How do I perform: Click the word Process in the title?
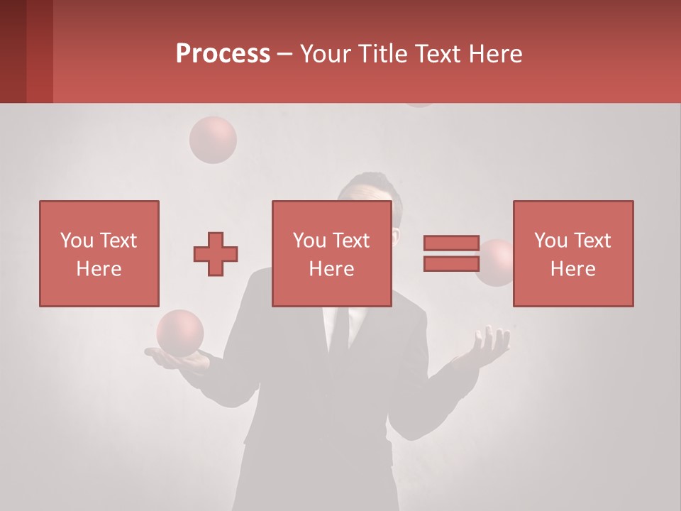223,54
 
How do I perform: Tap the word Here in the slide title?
494,54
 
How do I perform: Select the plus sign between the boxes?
216,254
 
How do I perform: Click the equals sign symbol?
451,253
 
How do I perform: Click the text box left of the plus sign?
99,253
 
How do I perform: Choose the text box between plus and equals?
331,253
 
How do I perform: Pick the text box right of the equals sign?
572,253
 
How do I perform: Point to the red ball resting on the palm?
180,332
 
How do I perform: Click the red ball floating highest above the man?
212,140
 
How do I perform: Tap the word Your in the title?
324,54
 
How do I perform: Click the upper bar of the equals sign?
451,243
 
